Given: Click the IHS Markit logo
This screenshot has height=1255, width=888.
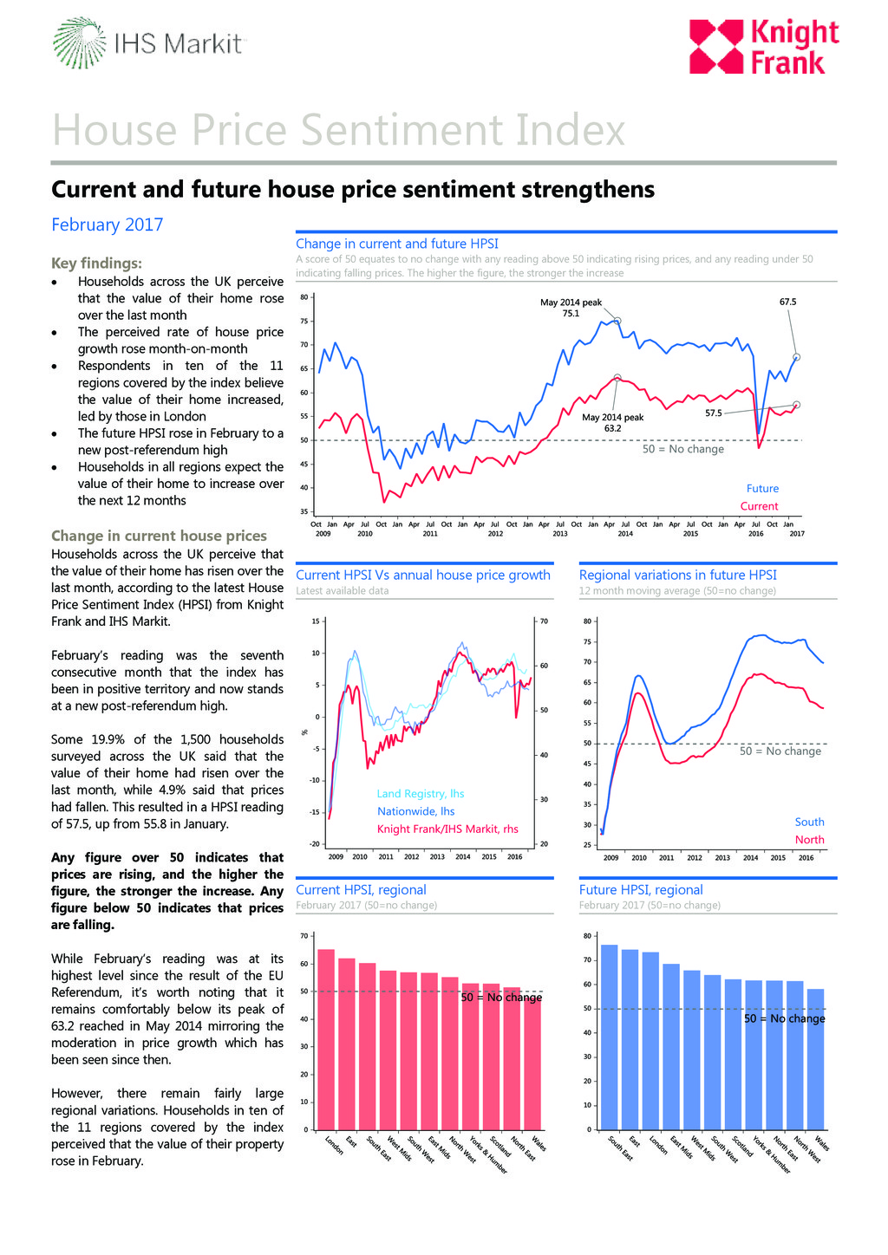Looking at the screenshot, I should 149,42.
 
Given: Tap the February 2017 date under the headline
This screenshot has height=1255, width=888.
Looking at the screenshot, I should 107,224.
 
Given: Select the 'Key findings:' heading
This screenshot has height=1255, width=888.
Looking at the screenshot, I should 96,263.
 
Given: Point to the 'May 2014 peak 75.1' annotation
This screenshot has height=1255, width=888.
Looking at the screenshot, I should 571,308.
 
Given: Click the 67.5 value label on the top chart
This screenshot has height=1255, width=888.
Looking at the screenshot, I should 787,302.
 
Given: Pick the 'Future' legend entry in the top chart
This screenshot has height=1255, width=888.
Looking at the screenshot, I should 762,489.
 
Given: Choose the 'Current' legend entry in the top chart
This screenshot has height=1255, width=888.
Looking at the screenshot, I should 759,506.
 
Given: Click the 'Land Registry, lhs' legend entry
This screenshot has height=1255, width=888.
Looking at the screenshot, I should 421,794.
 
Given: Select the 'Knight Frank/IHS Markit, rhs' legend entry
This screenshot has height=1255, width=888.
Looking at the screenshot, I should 447,829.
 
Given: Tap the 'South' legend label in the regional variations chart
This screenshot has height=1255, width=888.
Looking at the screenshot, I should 809,823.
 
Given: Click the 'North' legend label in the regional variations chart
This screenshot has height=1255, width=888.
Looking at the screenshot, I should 809,840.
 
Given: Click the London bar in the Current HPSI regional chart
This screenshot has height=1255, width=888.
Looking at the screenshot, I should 326,1040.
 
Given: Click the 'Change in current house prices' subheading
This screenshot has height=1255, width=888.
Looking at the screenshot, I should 159,536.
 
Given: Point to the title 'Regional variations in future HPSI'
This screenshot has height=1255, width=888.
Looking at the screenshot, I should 677,575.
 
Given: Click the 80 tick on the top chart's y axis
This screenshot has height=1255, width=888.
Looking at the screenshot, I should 304,297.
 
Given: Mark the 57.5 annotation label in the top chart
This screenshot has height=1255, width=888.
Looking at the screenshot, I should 713,413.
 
